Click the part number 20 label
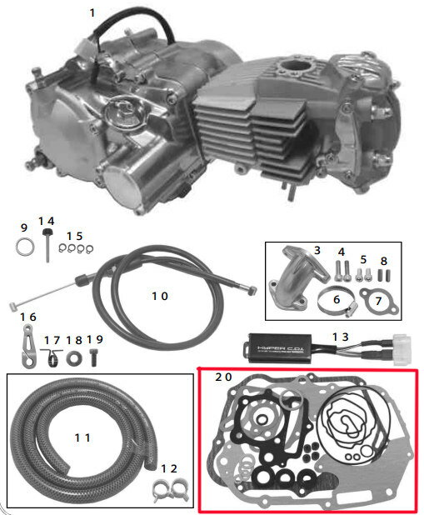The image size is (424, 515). pyautogui.click(x=223, y=377)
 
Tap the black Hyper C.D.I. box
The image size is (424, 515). pyautogui.click(x=278, y=348)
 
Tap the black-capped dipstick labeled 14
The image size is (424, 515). pyautogui.click(x=48, y=244)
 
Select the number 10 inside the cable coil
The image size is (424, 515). pyautogui.click(x=160, y=297)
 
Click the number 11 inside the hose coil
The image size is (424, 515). pyautogui.click(x=82, y=437)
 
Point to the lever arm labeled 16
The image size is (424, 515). pyautogui.click(x=28, y=345)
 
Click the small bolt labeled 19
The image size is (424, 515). pyautogui.click(x=93, y=357)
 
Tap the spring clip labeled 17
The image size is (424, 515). pyautogui.click(x=52, y=358)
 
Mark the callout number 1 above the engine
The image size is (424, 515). pyautogui.click(x=92, y=13)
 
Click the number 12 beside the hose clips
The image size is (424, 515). pyautogui.click(x=169, y=468)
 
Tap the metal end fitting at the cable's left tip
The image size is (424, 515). pyautogui.click(x=13, y=307)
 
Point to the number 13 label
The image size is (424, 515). pyautogui.click(x=340, y=337)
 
